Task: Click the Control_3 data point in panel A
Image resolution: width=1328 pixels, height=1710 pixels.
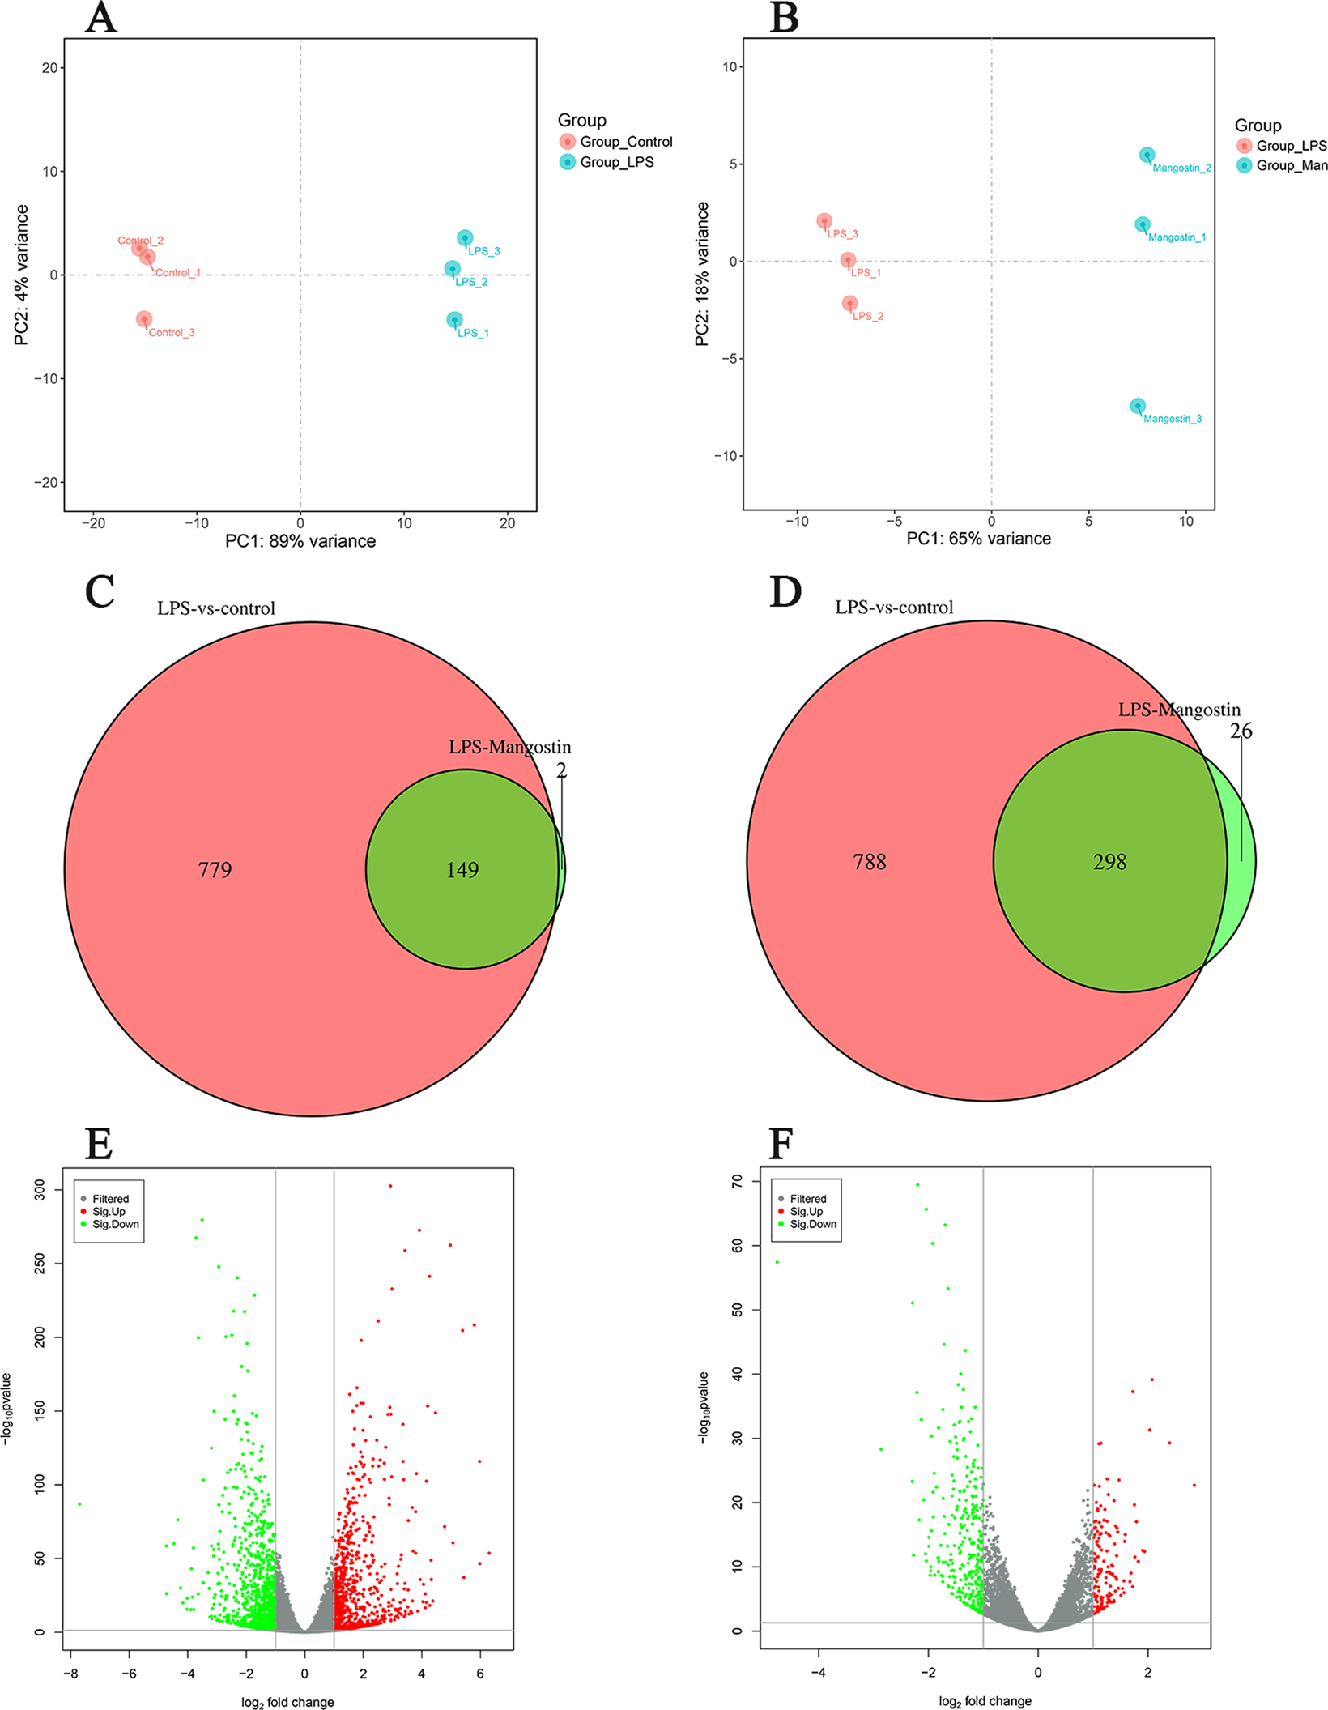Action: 144,319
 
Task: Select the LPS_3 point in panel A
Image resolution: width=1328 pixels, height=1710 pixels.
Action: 465,238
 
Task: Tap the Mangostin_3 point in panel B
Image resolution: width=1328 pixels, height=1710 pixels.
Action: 1138,406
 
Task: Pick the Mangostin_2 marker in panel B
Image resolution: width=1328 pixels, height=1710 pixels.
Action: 1147,155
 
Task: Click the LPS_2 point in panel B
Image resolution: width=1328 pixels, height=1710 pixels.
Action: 849,303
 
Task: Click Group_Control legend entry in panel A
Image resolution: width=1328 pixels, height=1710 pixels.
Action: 625,142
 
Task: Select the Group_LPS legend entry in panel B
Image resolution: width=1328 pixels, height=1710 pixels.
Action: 1290,146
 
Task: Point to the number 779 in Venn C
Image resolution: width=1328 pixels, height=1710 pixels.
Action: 215,870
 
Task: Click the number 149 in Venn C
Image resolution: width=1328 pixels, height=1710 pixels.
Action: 462,870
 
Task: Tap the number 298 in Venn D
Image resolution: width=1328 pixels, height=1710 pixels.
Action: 1109,862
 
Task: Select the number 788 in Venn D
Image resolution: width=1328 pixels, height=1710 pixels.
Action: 869,862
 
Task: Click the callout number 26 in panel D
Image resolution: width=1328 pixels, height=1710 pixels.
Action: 1241,731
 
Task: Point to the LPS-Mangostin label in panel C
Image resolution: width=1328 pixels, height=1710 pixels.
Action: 509,747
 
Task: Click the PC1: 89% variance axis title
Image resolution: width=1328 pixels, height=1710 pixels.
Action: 300,541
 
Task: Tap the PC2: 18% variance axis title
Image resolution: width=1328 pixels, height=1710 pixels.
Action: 702,275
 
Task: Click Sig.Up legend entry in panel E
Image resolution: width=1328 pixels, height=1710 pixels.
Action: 108,1212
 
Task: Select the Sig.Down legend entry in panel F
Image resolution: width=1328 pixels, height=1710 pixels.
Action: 812,1224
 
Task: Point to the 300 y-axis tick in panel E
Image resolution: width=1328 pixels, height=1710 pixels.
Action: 40,1190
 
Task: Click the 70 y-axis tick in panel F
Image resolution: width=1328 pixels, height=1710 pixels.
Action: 737,1182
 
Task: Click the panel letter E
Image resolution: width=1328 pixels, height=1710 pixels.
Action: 99,1144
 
